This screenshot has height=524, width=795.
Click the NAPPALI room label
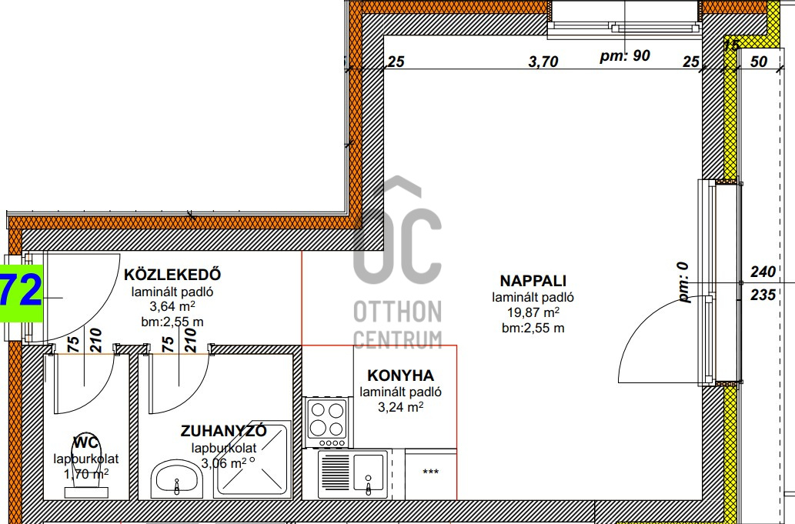coord(533,281)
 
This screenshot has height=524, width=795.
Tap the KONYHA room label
coord(400,375)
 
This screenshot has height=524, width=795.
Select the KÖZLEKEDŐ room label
coord(172,274)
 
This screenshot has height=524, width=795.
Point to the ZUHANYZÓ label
coord(224,431)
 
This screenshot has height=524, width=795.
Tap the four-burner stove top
coord(327,422)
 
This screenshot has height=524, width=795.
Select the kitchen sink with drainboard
coord(353,474)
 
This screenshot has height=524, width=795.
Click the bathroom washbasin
coord(176,479)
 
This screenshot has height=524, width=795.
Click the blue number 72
coord(22,292)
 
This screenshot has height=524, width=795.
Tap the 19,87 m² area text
coord(533,312)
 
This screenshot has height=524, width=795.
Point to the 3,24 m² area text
coord(400,406)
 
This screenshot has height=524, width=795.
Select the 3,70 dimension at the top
coord(543,62)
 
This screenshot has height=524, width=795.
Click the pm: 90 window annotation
coord(625,55)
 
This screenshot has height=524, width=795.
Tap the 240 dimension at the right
coord(763,272)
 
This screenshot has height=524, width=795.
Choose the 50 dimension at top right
coord(759,62)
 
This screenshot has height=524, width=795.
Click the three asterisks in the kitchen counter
coord(430,472)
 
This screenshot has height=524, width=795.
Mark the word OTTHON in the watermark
coord(397,312)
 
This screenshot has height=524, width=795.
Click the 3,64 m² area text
coord(172,306)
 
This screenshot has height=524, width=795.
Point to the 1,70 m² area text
coord(86,474)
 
